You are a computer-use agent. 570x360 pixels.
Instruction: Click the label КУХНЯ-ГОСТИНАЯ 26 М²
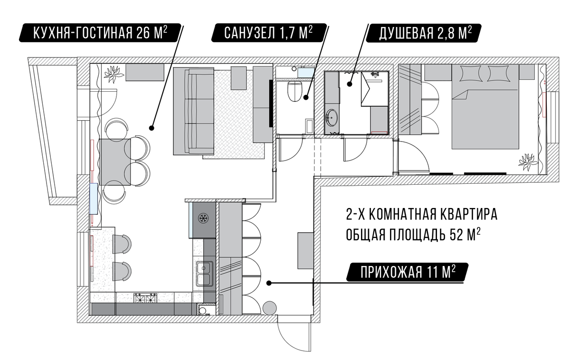[100, 33]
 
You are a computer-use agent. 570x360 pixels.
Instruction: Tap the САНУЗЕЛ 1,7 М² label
[269, 33]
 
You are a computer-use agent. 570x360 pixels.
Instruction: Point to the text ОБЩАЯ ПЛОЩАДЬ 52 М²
[413, 235]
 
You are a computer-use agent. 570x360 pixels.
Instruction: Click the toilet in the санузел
[294, 91]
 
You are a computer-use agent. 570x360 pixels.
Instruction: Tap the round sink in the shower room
[332, 117]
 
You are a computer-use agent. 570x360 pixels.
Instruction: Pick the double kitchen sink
[204, 274]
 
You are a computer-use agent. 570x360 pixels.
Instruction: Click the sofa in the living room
[193, 111]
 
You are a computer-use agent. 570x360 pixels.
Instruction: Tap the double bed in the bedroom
[485, 107]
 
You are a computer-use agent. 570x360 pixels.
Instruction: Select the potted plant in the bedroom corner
[529, 161]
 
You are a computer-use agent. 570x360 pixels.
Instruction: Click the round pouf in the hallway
[269, 308]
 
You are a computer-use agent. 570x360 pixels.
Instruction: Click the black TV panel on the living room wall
[271, 103]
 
